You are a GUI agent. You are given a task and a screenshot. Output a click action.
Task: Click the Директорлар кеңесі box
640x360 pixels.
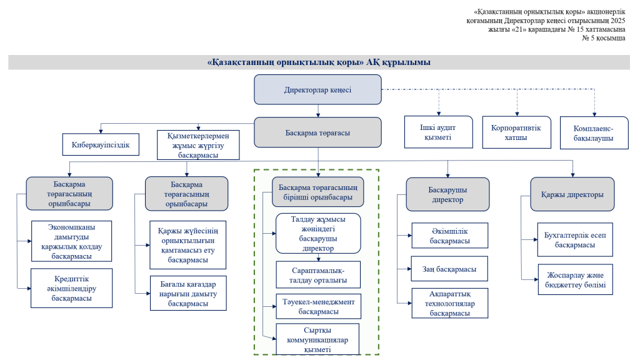point(317,89)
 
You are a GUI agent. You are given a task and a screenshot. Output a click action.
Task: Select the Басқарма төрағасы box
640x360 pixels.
point(317,132)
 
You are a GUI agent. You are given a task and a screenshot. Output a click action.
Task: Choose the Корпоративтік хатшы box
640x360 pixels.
point(516,132)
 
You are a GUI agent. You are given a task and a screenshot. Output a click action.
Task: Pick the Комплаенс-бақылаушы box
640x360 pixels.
point(594,133)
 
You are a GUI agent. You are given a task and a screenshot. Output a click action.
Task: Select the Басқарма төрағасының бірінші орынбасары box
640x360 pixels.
point(317,192)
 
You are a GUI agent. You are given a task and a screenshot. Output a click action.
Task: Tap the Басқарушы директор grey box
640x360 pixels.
point(447,194)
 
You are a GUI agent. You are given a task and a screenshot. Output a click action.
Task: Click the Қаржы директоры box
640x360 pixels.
point(572,194)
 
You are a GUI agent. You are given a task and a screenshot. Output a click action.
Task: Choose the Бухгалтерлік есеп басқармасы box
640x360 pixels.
point(574,239)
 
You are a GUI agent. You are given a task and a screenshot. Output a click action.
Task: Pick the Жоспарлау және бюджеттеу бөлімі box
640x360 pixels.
point(574,279)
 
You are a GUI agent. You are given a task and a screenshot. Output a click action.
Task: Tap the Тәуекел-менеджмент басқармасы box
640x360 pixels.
point(318,306)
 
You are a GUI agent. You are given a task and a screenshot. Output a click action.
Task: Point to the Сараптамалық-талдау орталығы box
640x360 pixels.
point(318,274)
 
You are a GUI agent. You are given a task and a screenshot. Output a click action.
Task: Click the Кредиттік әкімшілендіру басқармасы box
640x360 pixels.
point(71,288)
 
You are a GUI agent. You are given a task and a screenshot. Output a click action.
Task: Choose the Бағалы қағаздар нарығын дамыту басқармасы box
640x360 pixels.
point(188,292)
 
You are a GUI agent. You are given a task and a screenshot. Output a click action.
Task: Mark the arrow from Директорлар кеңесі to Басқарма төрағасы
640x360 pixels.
point(318,111)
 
